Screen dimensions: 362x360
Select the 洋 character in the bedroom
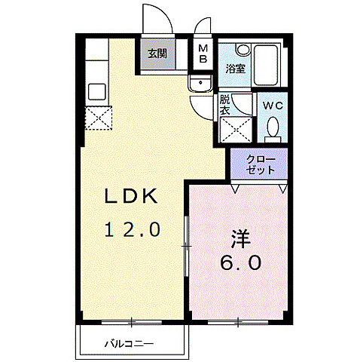coord(240,238)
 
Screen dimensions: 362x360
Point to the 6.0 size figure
coord(241,263)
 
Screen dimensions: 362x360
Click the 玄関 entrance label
coord(157,54)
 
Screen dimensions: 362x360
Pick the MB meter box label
coord(203,56)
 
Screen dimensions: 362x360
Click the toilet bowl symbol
coord(273,127)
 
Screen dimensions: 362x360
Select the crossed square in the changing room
coord(236,130)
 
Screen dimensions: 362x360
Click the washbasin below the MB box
coord(200,84)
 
